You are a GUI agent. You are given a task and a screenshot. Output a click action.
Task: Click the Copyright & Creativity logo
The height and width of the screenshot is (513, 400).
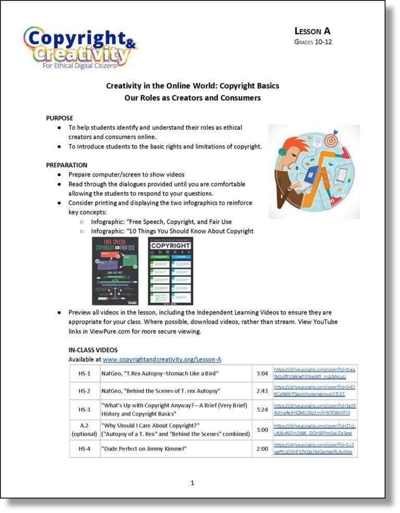[x=79, y=47]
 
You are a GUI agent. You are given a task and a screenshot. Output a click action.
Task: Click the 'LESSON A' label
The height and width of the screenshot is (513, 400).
[x=312, y=31]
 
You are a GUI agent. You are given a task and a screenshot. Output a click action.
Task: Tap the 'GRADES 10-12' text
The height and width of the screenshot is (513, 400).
[x=312, y=42]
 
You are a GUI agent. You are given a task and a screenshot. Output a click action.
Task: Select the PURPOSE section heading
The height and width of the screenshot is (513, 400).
[x=59, y=118]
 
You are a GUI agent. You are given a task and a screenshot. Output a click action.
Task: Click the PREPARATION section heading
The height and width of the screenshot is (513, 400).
[x=67, y=165]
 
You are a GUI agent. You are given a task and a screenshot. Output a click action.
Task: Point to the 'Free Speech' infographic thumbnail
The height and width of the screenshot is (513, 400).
[x=115, y=271]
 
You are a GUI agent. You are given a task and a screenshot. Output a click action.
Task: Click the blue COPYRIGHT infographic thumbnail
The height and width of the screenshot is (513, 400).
[x=171, y=271]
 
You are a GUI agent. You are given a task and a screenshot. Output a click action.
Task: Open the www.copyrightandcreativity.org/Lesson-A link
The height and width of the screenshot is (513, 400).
[x=162, y=359]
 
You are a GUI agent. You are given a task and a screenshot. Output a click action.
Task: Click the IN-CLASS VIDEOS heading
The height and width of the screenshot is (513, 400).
[x=93, y=350]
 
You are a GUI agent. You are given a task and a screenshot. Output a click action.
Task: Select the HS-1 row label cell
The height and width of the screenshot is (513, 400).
[x=85, y=373]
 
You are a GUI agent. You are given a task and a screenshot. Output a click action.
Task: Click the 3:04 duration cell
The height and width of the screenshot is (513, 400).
[x=262, y=373]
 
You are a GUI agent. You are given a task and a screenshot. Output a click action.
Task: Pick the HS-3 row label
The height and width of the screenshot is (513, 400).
[x=85, y=409]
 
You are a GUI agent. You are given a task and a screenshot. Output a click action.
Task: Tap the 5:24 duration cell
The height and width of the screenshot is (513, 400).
[x=262, y=409]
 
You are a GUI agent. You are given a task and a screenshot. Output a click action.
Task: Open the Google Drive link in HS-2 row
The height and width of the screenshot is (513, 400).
[x=315, y=391]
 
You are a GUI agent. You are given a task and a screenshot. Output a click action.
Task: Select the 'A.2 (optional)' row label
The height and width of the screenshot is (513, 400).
[x=85, y=429]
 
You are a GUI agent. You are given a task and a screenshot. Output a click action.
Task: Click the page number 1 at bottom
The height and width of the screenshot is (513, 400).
[x=192, y=483]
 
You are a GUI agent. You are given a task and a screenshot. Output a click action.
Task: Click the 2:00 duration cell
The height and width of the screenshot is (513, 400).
[x=262, y=448]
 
